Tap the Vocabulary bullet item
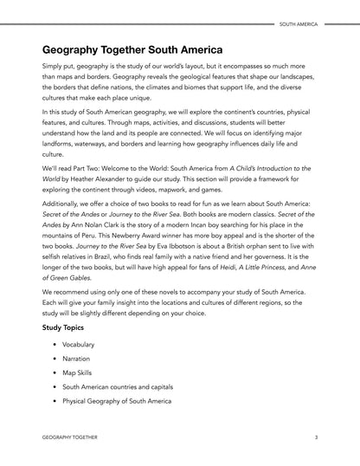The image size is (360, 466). [80, 345]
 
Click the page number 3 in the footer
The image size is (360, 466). [316, 438]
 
